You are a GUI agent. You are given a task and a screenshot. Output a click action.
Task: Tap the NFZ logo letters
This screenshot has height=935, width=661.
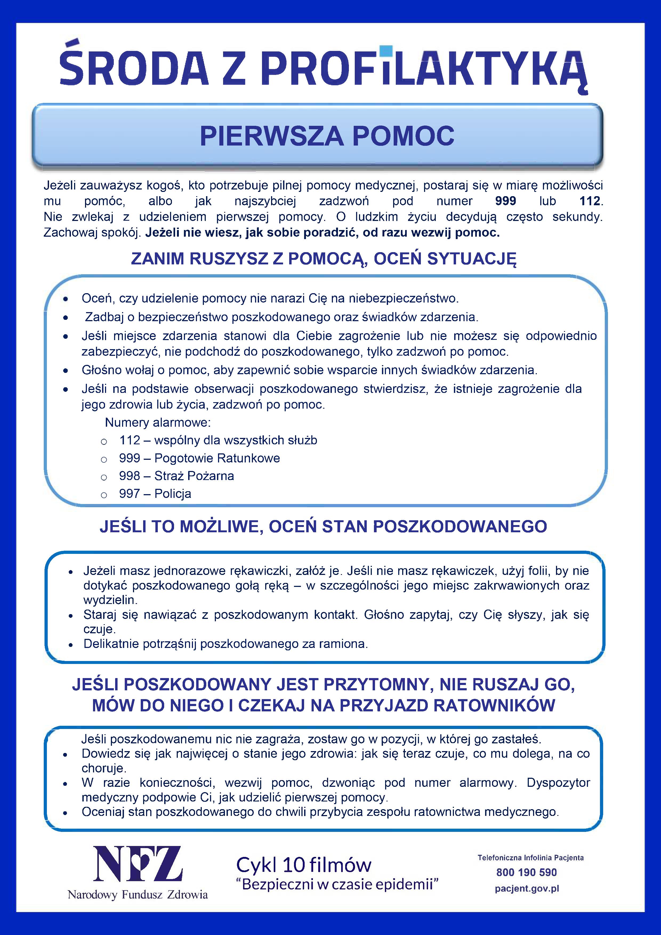click(x=138, y=864)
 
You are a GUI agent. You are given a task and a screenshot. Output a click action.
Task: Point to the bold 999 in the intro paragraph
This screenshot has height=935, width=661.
click(x=505, y=201)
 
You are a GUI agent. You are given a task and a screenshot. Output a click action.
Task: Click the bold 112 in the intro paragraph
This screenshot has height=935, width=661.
click(x=589, y=201)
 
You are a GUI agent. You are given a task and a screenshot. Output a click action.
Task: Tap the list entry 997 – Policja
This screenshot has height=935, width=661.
click(x=155, y=494)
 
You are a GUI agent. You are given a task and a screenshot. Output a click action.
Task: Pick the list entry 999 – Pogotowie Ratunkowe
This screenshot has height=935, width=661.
click(x=199, y=458)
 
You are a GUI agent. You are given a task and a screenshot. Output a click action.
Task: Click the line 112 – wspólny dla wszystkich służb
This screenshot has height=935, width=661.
click(x=218, y=440)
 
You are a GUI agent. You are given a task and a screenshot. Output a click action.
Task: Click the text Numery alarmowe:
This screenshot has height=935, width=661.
click(x=158, y=422)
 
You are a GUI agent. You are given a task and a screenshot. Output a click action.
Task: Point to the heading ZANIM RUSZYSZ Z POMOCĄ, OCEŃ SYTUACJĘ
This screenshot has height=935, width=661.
click(x=323, y=259)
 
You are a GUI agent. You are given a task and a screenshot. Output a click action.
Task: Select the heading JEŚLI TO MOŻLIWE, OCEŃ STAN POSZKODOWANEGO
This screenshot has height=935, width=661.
click(x=323, y=527)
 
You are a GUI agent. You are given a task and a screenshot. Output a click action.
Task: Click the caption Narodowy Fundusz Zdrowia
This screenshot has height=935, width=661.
click(x=138, y=895)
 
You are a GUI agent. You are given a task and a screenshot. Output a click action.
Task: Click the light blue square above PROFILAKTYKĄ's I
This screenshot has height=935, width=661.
click(x=386, y=50)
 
